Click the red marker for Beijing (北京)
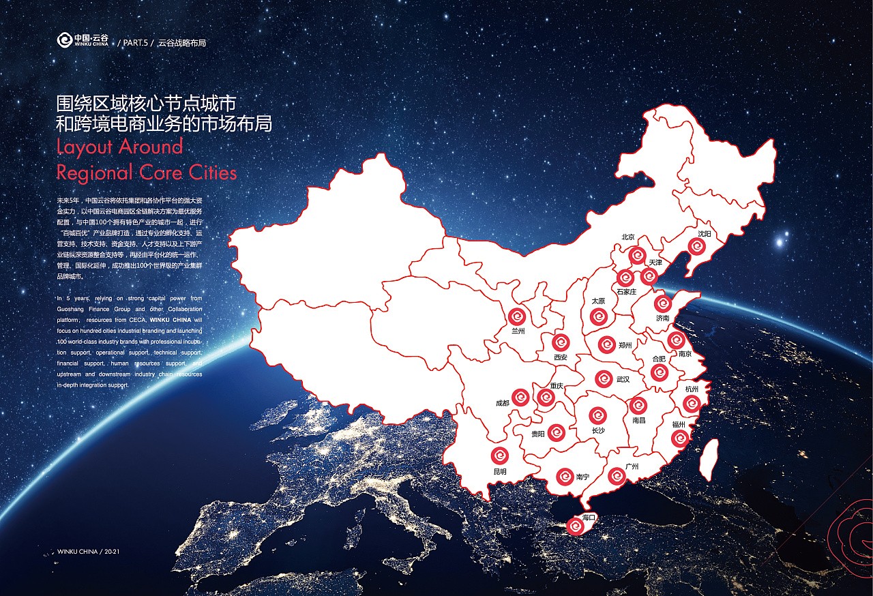point(638,256)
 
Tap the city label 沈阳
point(705,233)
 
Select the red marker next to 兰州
point(517,316)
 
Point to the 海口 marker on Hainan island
point(576,526)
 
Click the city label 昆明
point(500,471)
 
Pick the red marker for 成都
point(520,398)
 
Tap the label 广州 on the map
point(632,466)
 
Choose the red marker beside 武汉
point(603,378)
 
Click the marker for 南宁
point(565,477)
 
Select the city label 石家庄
point(626,291)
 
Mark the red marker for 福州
point(679,438)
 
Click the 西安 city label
point(561,357)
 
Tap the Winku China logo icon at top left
point(63,41)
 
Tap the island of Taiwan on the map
point(709,458)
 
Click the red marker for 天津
point(649,276)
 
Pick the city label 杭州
point(692,389)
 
